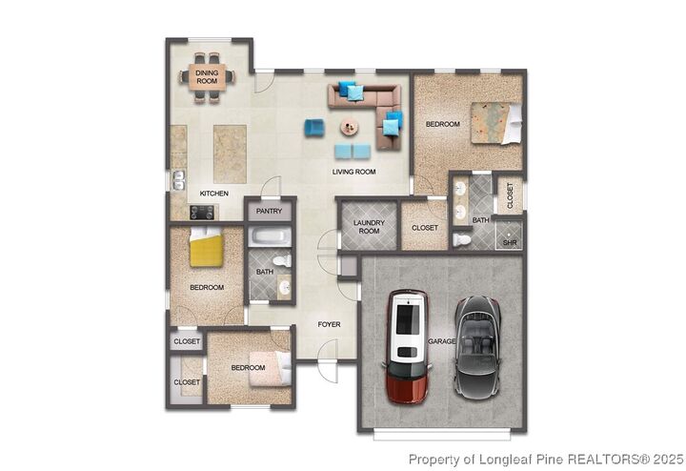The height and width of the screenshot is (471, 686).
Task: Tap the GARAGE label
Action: pyautogui.click(x=442, y=340)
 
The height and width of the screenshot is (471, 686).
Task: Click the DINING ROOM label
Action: pyautogui.click(x=207, y=77)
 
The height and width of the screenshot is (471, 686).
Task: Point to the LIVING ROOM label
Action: pyautogui.click(x=353, y=172)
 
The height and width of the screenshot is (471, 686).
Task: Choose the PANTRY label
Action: pyautogui.click(x=271, y=212)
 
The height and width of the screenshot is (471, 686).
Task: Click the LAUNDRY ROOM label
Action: pyautogui.click(x=367, y=227)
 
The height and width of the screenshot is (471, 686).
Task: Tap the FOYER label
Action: pyautogui.click(x=329, y=325)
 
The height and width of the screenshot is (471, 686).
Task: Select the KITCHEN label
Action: pyautogui.click(x=213, y=195)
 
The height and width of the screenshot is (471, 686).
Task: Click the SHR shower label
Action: pyautogui.click(x=510, y=242)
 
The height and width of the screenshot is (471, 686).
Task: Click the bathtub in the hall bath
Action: pyautogui.click(x=272, y=237)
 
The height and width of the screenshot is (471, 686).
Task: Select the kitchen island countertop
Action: pyautogui.click(x=228, y=152)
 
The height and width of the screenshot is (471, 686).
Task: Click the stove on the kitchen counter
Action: pyautogui.click(x=178, y=202)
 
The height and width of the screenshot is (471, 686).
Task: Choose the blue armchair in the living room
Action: pyautogui.click(x=313, y=128)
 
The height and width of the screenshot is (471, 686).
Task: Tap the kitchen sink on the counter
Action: pyautogui.click(x=177, y=178)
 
